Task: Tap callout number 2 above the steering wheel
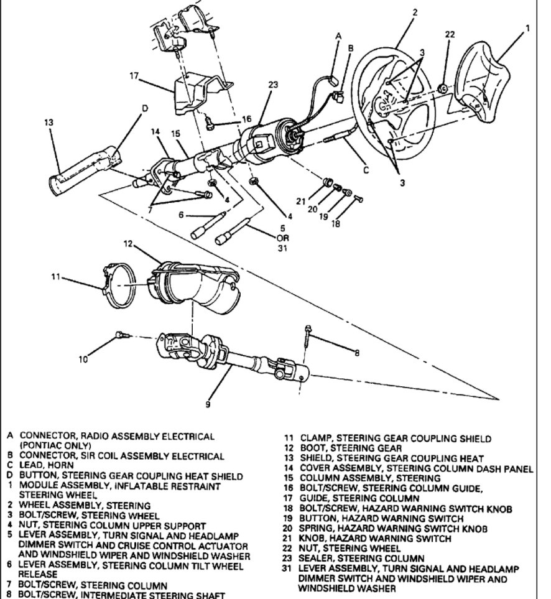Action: pos(414,11)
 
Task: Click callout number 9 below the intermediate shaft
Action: pos(207,405)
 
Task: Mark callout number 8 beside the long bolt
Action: pos(356,353)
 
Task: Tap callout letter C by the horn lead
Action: pos(365,169)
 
